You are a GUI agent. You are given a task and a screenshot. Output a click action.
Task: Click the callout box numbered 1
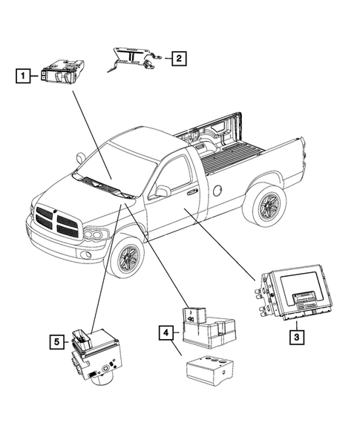click(24, 75)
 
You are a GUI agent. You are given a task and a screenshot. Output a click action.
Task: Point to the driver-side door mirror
click(160, 192)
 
